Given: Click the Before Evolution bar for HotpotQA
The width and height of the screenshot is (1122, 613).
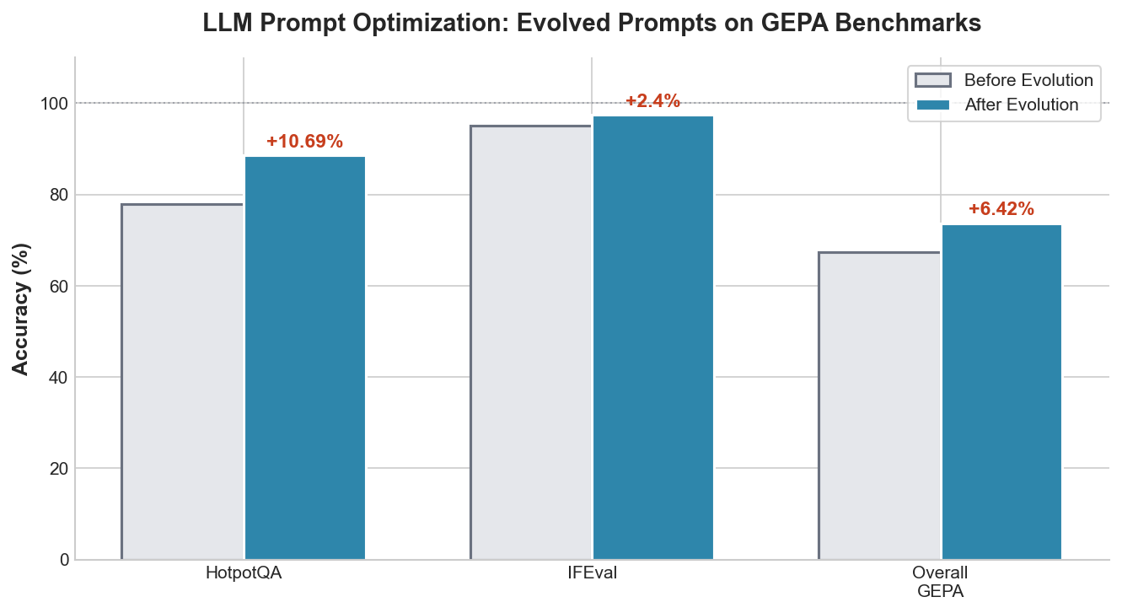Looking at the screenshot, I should pos(182,381).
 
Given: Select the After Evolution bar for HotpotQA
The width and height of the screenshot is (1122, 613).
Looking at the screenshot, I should pos(304,358).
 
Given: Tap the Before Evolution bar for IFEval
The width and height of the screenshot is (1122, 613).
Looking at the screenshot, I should pos(531,342).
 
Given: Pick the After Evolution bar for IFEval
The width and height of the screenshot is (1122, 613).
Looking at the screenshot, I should pos(653,337).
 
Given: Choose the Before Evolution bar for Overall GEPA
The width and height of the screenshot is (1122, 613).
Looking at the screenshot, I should pos(879,406).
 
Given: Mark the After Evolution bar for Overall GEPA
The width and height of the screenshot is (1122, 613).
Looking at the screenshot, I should pos(1001,391).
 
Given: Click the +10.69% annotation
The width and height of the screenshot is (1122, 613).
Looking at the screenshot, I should pos(304,142).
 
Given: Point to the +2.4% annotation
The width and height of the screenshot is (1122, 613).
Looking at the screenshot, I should pos(652,101).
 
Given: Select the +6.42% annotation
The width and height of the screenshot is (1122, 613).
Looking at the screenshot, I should pos(1001,209).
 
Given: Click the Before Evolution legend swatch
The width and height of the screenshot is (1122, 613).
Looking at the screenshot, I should pos(932,80).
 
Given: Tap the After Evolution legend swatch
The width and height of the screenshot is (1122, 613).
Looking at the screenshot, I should pos(932,105).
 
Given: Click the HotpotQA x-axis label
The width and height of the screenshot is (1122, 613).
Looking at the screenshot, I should pos(243,573).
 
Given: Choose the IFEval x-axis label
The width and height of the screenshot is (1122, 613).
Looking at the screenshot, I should pos(592,573).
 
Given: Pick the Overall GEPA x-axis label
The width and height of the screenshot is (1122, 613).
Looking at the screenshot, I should pos(940,582).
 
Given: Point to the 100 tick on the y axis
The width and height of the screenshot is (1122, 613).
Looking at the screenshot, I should pos(52,104).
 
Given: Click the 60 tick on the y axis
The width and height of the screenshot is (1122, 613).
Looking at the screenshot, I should pos(56,286).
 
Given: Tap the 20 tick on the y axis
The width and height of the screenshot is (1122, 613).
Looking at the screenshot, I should pos(56,469).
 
